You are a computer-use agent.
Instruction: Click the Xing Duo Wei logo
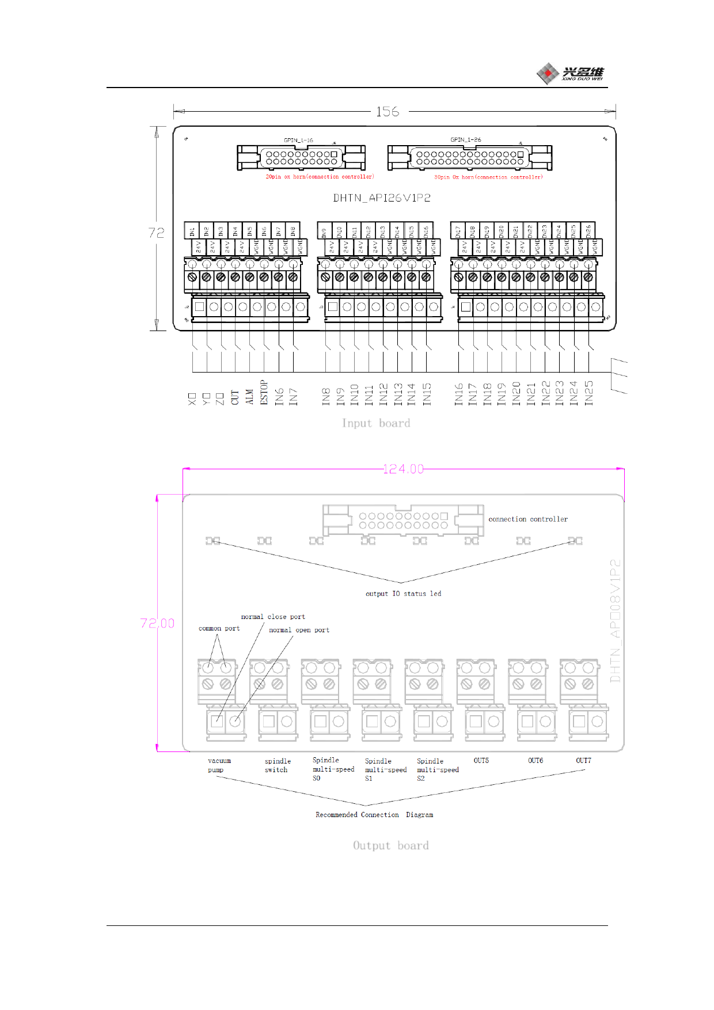pos(570,73)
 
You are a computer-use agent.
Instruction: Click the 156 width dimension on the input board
pos(388,112)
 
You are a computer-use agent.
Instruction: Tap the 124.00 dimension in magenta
pos(403,469)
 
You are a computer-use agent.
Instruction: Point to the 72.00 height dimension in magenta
pos(157,623)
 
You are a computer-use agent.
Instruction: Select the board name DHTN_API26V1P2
pos(382,198)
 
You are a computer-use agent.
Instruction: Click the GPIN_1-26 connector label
pos(465,140)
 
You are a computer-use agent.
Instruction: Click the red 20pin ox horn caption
pos(320,177)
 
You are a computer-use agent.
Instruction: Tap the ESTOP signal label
pos(264,392)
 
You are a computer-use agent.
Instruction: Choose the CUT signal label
pos(235,397)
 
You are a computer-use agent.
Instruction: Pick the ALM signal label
pos(249,396)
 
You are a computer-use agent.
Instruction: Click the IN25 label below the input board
pos(589,393)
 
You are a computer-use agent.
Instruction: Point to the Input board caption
pos(376,423)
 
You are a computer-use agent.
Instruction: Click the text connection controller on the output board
pos(528,519)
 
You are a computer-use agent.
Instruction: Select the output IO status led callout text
pos(403,594)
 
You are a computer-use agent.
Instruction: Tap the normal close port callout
pos(273,617)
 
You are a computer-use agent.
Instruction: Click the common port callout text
pos(219,628)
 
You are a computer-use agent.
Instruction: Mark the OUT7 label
pos(583,761)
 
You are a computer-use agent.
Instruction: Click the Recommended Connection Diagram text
pos(374,815)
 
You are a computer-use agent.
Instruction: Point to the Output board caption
pos(390,845)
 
